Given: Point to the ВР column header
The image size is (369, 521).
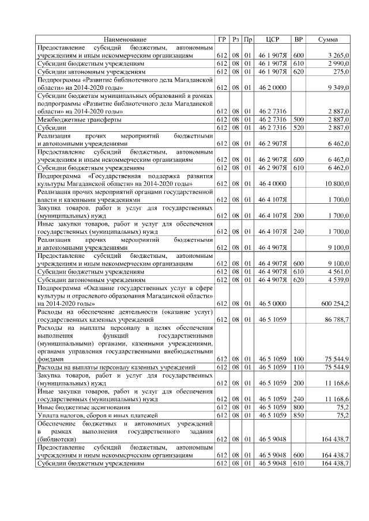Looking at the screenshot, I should [299, 40].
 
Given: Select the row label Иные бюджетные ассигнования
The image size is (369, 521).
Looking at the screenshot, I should [78, 406].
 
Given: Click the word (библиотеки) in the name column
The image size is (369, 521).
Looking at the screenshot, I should [57, 439].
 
